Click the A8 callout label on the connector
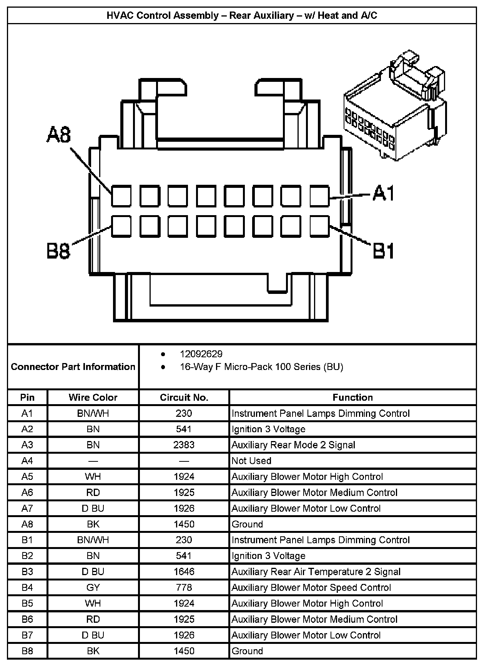tap(59, 135)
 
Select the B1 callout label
tap(383, 252)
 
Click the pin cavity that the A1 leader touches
tap(319, 196)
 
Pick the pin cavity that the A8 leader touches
tap(121, 196)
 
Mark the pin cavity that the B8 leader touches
tap(121, 226)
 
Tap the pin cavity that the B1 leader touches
tap(319, 226)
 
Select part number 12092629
tap(201, 354)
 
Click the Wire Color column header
tap(93, 398)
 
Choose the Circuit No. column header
tap(184, 398)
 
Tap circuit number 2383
tap(184, 445)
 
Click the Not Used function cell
tap(251, 461)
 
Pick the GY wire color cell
tap(93, 587)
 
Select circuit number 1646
tap(184, 572)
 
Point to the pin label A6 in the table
tap(27, 493)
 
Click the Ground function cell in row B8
tap(247, 651)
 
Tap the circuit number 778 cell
tap(184, 587)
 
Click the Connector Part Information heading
tap(73, 367)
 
